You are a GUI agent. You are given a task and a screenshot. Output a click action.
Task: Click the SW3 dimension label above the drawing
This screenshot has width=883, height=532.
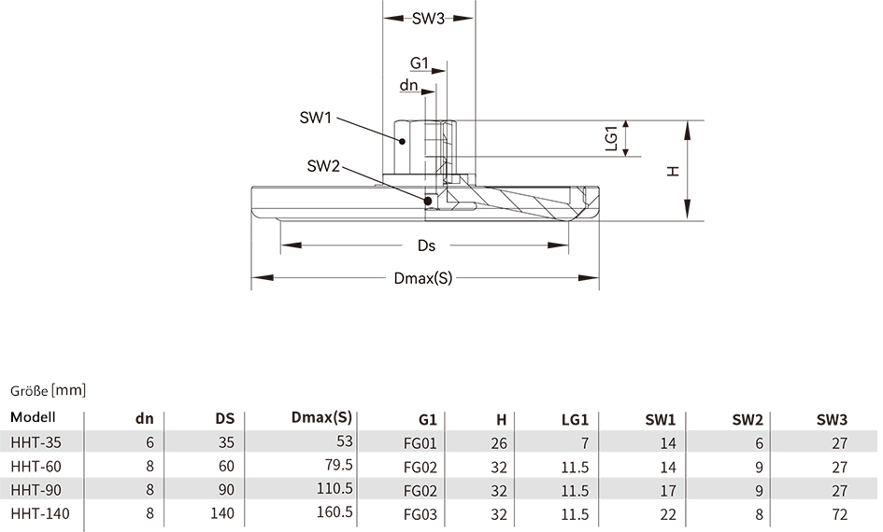pos(428,19)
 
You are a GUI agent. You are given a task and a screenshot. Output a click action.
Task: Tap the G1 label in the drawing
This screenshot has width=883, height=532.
pos(420,63)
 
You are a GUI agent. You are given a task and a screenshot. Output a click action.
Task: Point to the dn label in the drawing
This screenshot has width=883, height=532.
pos(409,85)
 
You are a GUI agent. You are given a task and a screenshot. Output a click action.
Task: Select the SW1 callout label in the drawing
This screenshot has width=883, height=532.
pos(316,118)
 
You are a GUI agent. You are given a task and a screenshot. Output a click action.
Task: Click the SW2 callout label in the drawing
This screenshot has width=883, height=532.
pos(323,166)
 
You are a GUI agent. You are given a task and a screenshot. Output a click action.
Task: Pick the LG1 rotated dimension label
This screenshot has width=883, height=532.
pos(612,138)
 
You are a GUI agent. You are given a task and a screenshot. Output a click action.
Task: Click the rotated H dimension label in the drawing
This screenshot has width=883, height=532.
pos(673,171)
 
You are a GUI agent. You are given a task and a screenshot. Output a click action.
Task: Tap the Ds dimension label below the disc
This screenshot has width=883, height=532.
pos(426,245)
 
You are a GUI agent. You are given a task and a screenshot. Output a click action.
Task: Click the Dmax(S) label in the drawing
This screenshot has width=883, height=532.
pos(423,278)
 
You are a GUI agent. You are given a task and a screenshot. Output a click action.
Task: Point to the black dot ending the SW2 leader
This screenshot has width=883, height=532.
pos(428,202)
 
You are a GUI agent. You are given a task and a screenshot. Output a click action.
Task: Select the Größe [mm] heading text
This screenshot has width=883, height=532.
pos(48,390)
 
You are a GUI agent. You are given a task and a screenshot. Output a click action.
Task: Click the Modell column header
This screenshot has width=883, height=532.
pos(33,417)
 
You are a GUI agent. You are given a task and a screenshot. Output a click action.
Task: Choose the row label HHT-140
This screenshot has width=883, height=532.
pos(40,513)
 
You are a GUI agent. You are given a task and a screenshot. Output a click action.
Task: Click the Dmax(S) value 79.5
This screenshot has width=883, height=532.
pos(335,465)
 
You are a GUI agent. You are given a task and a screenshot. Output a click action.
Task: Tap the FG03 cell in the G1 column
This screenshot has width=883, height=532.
pos(420,514)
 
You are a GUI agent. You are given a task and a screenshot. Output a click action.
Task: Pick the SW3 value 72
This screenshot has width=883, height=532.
pos(840,514)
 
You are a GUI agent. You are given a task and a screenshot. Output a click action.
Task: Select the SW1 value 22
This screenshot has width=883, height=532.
pos(668,514)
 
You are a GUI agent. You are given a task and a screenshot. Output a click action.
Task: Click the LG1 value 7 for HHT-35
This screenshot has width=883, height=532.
pos(585,443)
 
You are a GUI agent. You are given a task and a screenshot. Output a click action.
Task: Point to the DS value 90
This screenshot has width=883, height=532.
pos(226,489)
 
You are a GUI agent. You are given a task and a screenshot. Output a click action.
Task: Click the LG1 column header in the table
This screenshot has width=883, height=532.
pos(575,419)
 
